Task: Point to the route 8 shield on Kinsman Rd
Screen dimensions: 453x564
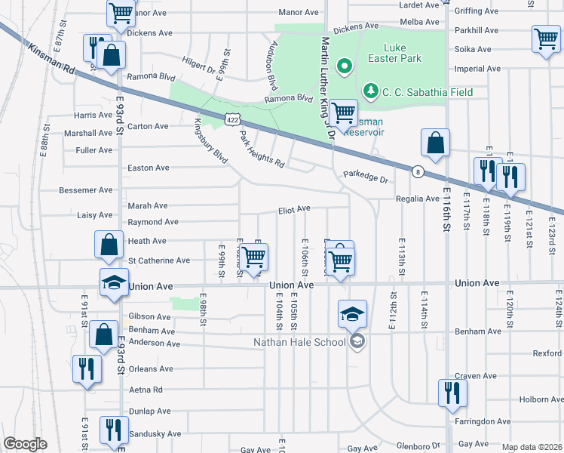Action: [417, 172]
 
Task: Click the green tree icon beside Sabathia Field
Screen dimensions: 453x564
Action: [370, 92]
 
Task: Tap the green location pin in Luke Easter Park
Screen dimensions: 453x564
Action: [345, 67]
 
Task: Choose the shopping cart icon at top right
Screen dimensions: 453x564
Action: [546, 39]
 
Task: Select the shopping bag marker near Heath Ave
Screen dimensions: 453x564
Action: [109, 245]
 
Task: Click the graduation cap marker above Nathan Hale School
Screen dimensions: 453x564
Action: [352, 314]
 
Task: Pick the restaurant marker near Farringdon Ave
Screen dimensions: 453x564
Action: [452, 393]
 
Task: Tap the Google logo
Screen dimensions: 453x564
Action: [25, 445]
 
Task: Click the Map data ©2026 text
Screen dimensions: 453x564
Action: [531, 446]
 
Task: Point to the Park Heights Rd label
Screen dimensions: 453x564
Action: [261, 149]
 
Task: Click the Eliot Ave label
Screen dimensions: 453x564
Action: [294, 209]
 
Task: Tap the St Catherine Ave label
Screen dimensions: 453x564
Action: [159, 260]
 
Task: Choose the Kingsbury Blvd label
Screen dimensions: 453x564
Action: [211, 140]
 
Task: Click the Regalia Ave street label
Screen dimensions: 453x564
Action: [418, 199]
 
